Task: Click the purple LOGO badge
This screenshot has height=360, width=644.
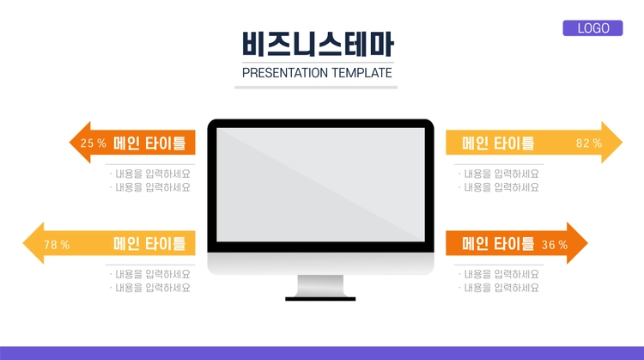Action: (x=592, y=28)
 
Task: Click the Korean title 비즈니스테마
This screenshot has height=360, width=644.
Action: (x=318, y=44)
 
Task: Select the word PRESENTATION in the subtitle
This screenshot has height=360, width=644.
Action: (x=285, y=73)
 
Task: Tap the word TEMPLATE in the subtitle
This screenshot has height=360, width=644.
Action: (x=361, y=73)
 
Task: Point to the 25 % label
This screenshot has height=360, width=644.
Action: (x=94, y=143)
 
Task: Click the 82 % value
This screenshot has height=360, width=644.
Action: (x=589, y=143)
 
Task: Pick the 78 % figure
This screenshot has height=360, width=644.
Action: (x=57, y=245)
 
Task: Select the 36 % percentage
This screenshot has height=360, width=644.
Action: (x=555, y=245)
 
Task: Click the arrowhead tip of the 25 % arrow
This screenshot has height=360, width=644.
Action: (x=70, y=143)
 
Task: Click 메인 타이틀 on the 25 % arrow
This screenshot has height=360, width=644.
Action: (x=149, y=143)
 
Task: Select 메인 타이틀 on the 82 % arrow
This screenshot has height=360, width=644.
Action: (x=498, y=143)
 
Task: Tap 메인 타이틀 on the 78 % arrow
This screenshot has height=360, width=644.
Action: (x=149, y=244)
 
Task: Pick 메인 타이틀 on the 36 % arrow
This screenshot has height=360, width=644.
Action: (x=498, y=244)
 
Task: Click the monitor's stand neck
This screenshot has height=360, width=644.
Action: (x=320, y=285)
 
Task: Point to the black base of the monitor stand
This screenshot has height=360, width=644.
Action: (x=320, y=299)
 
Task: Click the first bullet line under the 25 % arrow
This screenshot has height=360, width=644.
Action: (x=150, y=174)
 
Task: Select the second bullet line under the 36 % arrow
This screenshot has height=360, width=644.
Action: (x=499, y=288)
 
